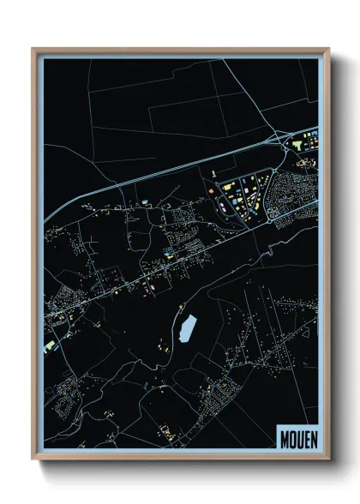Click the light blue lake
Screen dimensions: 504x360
point(187,327)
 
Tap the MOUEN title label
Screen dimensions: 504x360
point(297,438)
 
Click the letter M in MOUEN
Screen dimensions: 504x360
point(283,438)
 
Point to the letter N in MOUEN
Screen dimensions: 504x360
point(311,438)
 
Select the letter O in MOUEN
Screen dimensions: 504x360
point(291,438)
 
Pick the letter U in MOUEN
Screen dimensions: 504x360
point(297,438)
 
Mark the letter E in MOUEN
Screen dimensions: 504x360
point(304,438)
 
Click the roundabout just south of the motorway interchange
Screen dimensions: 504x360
point(284,154)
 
